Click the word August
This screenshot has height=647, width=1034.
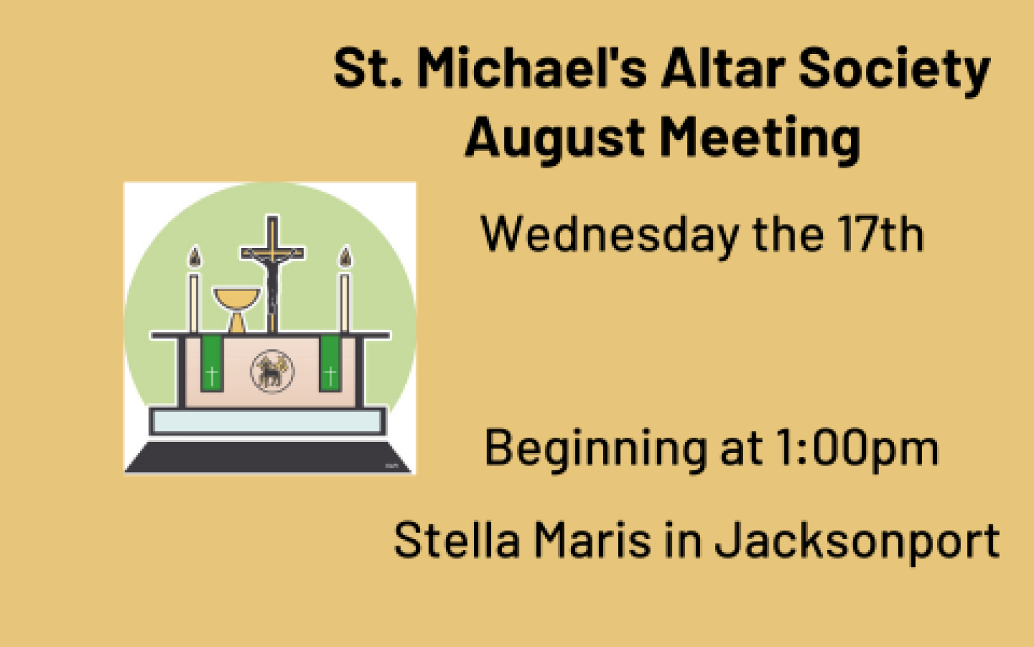tap(555, 140)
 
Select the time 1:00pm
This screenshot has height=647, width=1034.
tap(857, 449)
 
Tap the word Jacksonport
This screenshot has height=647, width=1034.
tap(857, 543)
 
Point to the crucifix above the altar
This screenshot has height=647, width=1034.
tap(272, 273)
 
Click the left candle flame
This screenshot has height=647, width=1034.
tap(194, 257)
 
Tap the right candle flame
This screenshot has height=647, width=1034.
tap(345, 257)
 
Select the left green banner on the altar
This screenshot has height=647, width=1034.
tap(211, 364)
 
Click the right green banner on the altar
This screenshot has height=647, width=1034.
tap(330, 364)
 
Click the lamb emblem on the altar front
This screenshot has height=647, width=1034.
tap(272, 371)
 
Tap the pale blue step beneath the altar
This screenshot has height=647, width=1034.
tap(267, 421)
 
